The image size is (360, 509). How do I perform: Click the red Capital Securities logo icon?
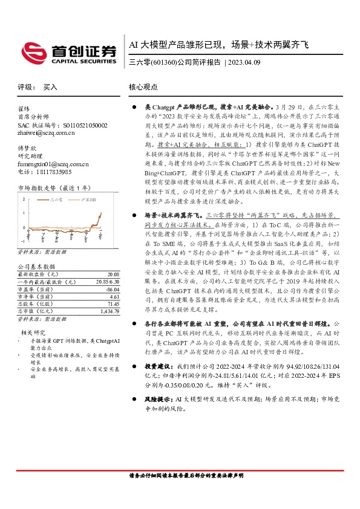click(x=32, y=51)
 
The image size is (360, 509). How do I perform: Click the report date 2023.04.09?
click(x=244, y=62)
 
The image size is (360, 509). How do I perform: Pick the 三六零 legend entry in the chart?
click(x=56, y=199)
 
